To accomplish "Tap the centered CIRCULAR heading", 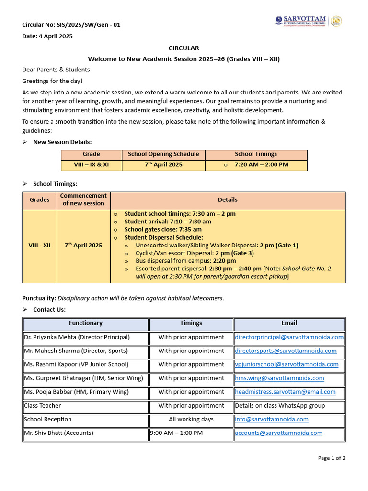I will pos(184,48).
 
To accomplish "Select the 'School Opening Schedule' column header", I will pos(163,154).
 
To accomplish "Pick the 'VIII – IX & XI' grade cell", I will pos(91,165).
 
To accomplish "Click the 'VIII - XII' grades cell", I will pos(39,245).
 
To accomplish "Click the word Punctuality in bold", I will pos(39,298).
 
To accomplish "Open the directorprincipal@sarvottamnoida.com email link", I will pos(289,337).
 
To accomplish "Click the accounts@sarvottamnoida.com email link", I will pos(278,433).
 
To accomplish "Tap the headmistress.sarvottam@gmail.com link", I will pos(285,392).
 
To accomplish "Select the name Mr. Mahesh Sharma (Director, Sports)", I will pos(72,351).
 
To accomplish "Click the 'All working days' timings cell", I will pos(191,420).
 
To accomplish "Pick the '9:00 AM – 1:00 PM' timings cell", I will pos(176,433).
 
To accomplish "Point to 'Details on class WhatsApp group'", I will pos(280,406).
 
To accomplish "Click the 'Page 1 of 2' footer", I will pos(332,458).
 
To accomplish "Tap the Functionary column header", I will pos(85,323).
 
